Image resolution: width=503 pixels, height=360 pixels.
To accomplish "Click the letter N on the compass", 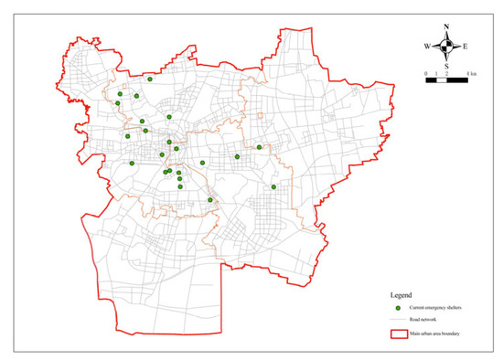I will click(x=446, y=27).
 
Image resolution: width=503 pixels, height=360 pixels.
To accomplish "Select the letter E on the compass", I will click(x=465, y=46).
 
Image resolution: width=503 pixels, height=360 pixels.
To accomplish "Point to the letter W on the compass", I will click(x=427, y=46).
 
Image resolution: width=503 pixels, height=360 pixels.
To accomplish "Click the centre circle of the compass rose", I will click(x=446, y=46).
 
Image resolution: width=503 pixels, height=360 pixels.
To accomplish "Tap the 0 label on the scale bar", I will click(x=426, y=72).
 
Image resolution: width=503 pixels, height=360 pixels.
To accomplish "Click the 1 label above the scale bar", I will click(x=436, y=72).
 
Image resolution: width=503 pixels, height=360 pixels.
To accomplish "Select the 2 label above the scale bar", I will click(x=446, y=72).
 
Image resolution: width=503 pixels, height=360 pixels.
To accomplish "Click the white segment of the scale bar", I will click(x=441, y=80).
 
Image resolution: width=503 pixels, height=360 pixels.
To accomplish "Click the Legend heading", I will click(x=400, y=295).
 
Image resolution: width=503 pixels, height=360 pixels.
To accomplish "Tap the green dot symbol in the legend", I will click(x=398, y=311).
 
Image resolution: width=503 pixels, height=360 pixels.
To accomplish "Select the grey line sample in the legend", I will click(x=398, y=323).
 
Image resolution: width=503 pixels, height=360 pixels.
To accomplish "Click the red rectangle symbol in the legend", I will click(x=398, y=335).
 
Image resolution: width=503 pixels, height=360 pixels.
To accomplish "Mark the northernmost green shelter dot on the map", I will click(x=149, y=79).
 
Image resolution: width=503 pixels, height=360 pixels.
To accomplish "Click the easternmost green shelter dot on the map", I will click(x=273, y=186).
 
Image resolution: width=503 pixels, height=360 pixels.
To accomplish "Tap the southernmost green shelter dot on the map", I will click(x=210, y=200).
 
